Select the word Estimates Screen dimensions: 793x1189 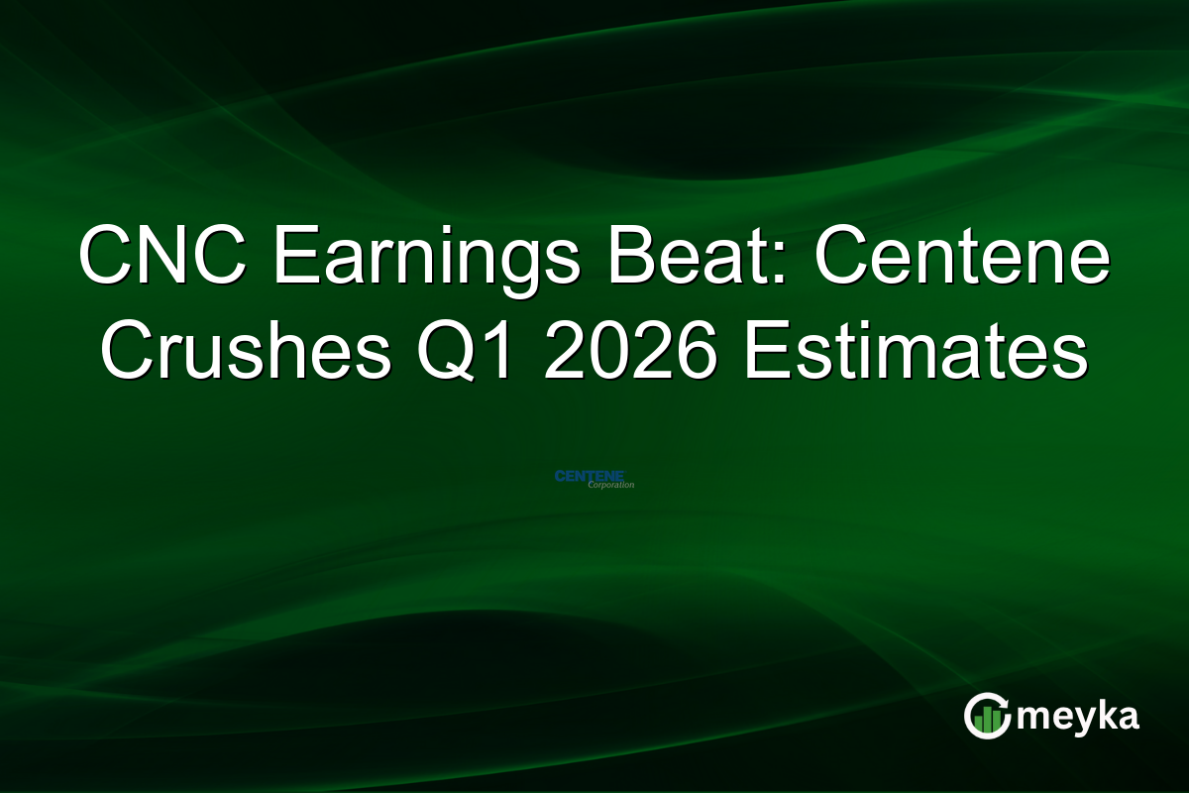(917, 355)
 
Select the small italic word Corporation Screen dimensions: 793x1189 (610, 486)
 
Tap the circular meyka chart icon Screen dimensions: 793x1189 (988, 715)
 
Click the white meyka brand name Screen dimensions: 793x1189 (1080, 716)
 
